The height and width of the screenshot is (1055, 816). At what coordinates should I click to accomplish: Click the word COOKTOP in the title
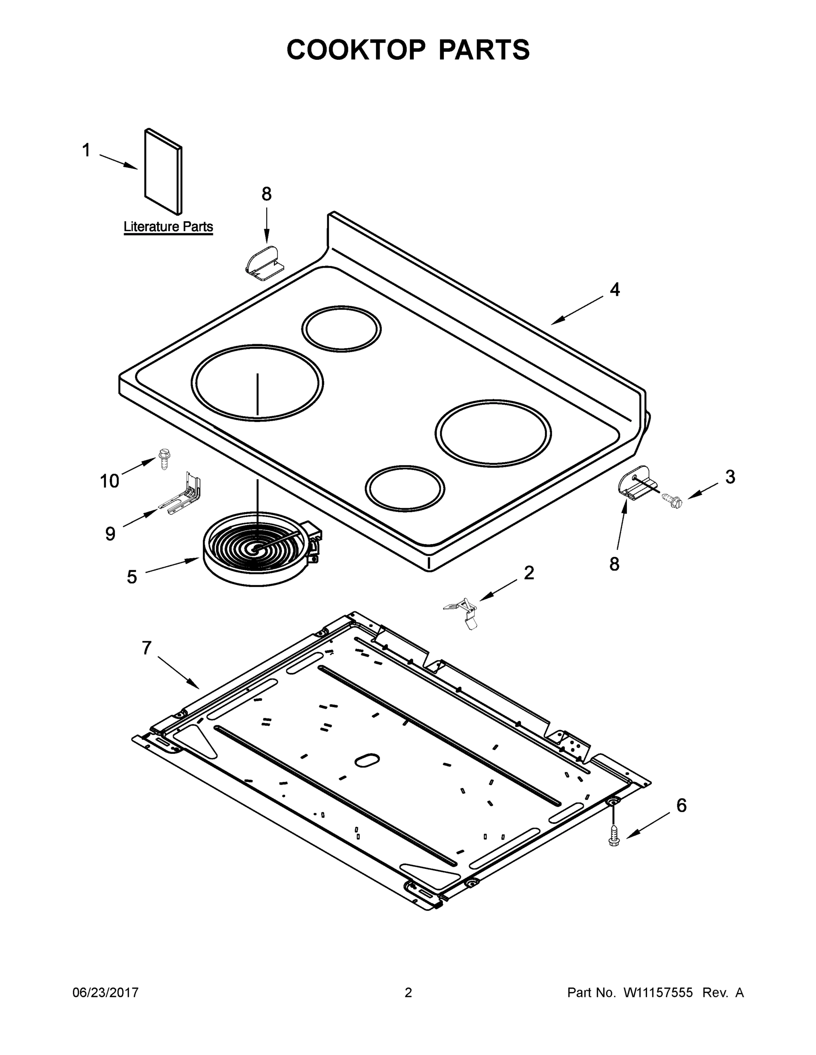click(356, 50)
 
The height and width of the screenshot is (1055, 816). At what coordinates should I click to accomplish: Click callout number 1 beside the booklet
click(86, 150)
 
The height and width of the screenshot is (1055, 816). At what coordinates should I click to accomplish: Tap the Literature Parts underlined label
click(168, 226)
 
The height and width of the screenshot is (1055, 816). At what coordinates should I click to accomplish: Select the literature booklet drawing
click(163, 171)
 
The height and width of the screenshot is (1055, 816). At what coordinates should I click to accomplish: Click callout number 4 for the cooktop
click(615, 289)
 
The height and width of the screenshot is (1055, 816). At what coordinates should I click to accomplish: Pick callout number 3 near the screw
click(730, 477)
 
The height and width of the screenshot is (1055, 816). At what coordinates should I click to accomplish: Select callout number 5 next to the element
click(132, 577)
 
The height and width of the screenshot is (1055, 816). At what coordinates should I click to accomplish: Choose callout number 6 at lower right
click(681, 805)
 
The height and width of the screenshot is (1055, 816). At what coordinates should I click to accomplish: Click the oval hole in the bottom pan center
click(367, 759)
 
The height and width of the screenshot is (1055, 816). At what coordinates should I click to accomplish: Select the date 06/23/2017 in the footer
click(106, 993)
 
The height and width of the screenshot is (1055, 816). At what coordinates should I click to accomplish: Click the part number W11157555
click(658, 993)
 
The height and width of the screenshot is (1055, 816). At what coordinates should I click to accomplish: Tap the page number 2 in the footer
click(408, 993)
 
